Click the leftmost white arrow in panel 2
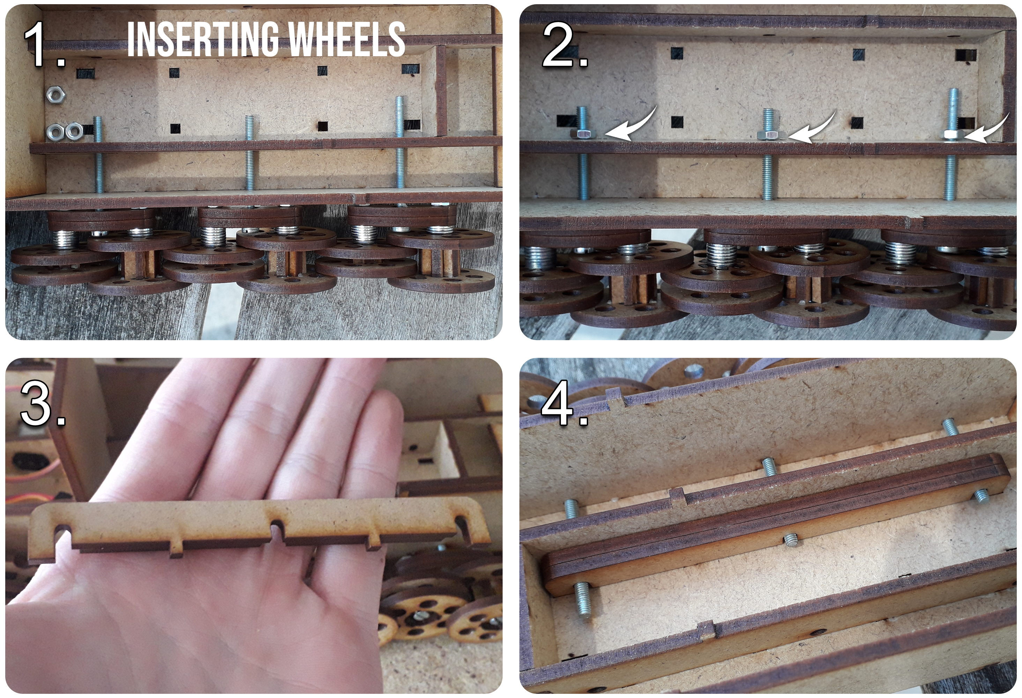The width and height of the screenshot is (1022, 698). click(x=631, y=127)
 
